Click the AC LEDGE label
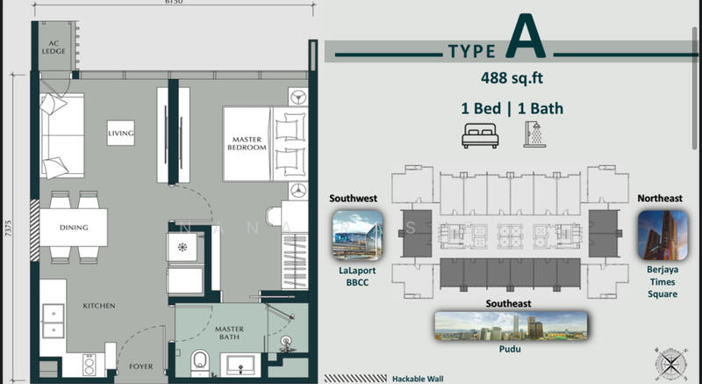click(54, 47)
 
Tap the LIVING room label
click(120, 133)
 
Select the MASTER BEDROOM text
click(247, 143)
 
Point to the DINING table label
click(74, 228)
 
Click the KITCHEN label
click(99, 306)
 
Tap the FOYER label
click(141, 366)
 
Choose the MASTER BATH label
click(229, 332)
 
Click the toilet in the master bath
click(200, 363)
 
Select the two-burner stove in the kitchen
click(90, 365)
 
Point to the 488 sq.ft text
click(512, 78)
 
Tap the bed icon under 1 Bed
click(480, 135)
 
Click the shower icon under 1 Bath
click(534, 134)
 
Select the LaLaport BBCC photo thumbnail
click(357, 235)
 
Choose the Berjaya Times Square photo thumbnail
click(663, 235)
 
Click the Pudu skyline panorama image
click(511, 326)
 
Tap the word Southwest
click(354, 198)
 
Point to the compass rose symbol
click(670, 364)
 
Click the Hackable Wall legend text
click(418, 379)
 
